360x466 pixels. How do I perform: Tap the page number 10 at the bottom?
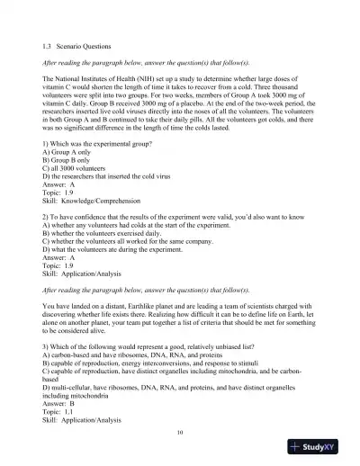180,432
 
